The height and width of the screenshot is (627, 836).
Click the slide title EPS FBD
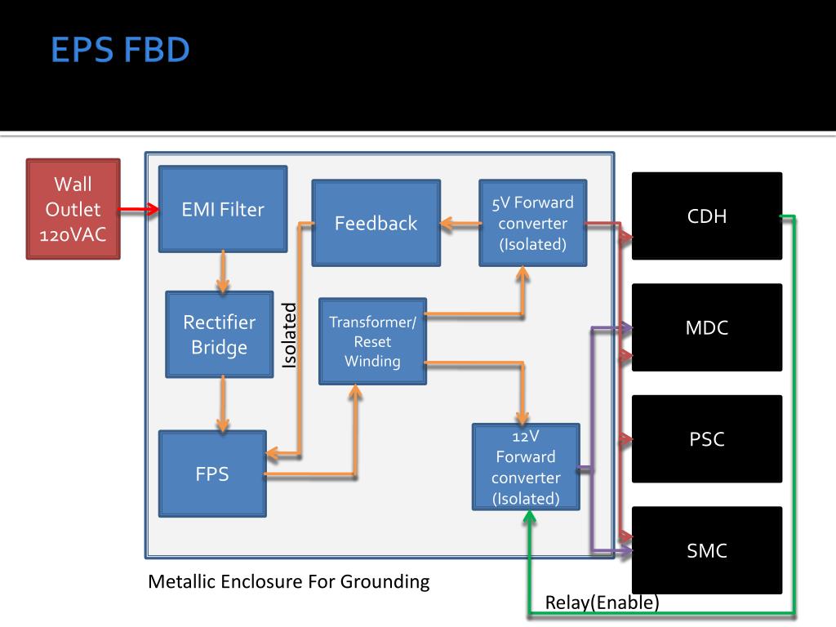(x=120, y=50)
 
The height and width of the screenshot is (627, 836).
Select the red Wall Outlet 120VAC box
(x=73, y=209)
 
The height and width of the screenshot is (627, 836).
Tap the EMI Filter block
(x=223, y=209)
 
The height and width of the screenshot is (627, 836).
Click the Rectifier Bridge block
(x=219, y=334)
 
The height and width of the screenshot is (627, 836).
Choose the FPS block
(x=212, y=474)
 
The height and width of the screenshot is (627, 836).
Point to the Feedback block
(x=376, y=223)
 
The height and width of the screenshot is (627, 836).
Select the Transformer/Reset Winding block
(x=372, y=341)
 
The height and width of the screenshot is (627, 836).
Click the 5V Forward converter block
(x=532, y=223)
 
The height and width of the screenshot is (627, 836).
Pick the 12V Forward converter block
(x=526, y=466)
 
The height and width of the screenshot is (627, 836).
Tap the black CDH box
(x=707, y=216)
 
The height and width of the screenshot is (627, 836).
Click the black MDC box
(x=707, y=327)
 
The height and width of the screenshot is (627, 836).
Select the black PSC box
(x=707, y=438)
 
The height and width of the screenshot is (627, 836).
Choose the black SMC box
(x=707, y=550)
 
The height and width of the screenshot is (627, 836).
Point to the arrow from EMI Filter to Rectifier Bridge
(x=223, y=272)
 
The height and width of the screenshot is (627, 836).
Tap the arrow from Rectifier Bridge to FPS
(x=223, y=404)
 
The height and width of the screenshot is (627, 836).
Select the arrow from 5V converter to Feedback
(x=460, y=224)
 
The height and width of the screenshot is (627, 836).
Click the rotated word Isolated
(x=289, y=336)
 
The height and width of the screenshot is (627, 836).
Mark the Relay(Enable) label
(x=602, y=603)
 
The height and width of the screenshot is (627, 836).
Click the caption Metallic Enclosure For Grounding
(x=288, y=581)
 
